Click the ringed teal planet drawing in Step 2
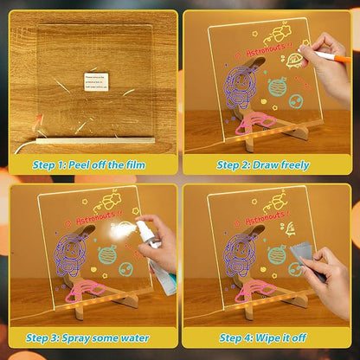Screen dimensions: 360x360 (x=277, y=87)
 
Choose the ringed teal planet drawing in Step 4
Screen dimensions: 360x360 (x=277, y=255)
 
